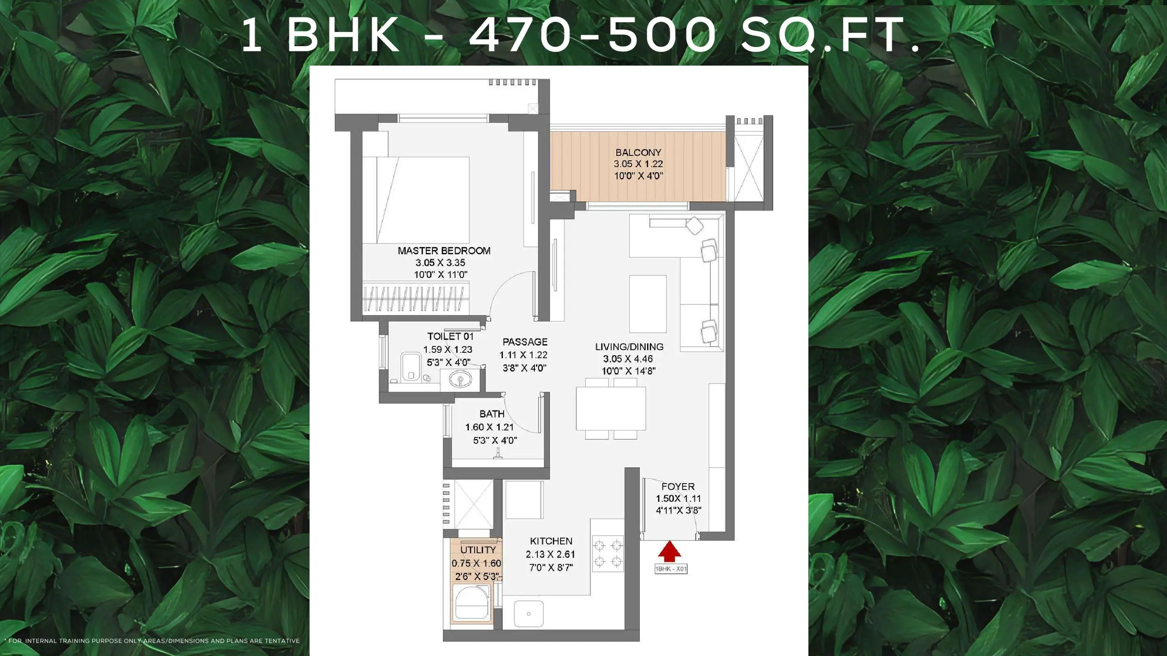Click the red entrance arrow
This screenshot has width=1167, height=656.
click(669, 552)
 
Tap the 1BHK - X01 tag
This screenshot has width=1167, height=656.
click(671, 569)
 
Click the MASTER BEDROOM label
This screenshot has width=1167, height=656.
click(444, 251)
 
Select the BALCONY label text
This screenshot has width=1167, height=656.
click(638, 153)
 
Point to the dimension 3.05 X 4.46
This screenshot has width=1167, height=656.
click(628, 359)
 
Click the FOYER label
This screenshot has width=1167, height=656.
click(678, 487)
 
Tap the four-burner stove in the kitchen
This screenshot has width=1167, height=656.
click(608, 553)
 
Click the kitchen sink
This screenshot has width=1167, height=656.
click(529, 614)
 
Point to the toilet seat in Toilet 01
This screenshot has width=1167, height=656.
click(411, 367)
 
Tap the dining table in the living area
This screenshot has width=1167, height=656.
click(611, 408)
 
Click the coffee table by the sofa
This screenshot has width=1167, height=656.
click(648, 304)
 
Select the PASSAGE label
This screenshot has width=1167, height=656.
click(525, 342)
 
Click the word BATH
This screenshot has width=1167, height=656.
click(492, 414)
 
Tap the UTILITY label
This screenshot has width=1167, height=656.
click(478, 550)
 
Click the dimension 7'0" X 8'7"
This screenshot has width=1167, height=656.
click(551, 567)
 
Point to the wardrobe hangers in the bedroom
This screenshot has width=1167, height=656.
click(415, 298)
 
